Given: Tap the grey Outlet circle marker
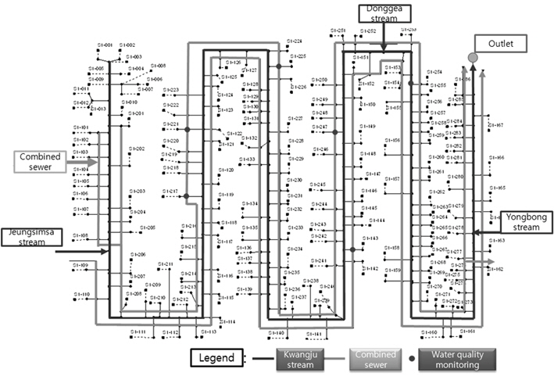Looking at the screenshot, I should click(472, 58).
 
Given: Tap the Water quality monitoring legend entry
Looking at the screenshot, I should click(463, 359).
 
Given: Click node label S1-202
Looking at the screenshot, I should click(137, 148).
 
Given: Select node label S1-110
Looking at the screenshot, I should click(82, 294).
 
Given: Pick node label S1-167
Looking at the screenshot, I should click(496, 125).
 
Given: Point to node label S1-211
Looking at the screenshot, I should click(164, 264).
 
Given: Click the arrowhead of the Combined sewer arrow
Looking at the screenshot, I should click(94, 161).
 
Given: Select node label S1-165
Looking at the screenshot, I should click(498, 188).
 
